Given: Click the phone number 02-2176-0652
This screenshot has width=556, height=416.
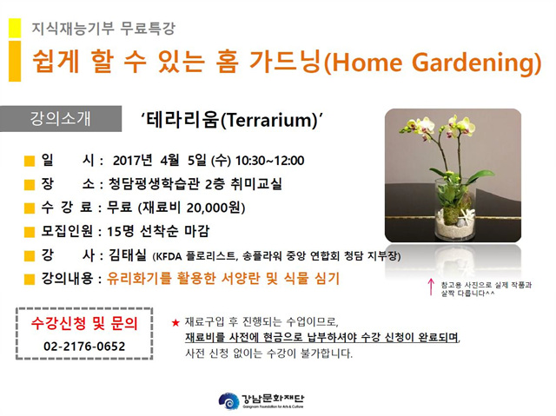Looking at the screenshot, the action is pos(84,347).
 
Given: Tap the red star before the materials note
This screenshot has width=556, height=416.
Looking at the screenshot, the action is pos(175,323).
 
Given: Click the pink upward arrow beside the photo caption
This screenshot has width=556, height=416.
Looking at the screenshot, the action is pos(431,287).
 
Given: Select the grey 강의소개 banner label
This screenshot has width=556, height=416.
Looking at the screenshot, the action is pos(60,118).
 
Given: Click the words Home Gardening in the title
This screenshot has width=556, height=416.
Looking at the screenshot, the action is pos(432,62).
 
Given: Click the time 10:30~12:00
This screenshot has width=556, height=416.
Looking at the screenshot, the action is pos(270,161).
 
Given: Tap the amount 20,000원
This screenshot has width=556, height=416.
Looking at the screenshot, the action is pos(214,208).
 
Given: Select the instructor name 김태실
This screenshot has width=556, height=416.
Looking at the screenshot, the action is pos(128,254).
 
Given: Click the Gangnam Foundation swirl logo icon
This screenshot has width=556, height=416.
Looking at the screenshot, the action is pos(228,400).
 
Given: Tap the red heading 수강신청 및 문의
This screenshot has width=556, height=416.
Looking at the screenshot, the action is pos(84,323).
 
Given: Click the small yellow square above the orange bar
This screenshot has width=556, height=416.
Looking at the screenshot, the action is pos(15,28).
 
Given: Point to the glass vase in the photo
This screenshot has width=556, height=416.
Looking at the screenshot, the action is pos(455,210).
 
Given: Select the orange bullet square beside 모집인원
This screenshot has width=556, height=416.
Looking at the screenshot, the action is pos(29,232).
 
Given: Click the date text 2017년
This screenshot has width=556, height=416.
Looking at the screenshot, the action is pos(132,161).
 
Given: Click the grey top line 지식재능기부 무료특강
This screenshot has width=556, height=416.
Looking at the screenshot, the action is pos(103,29).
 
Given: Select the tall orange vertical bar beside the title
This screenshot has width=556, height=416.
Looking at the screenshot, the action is pos(15,62).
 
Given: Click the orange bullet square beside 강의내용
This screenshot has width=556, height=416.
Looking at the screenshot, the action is pos(29,280).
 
